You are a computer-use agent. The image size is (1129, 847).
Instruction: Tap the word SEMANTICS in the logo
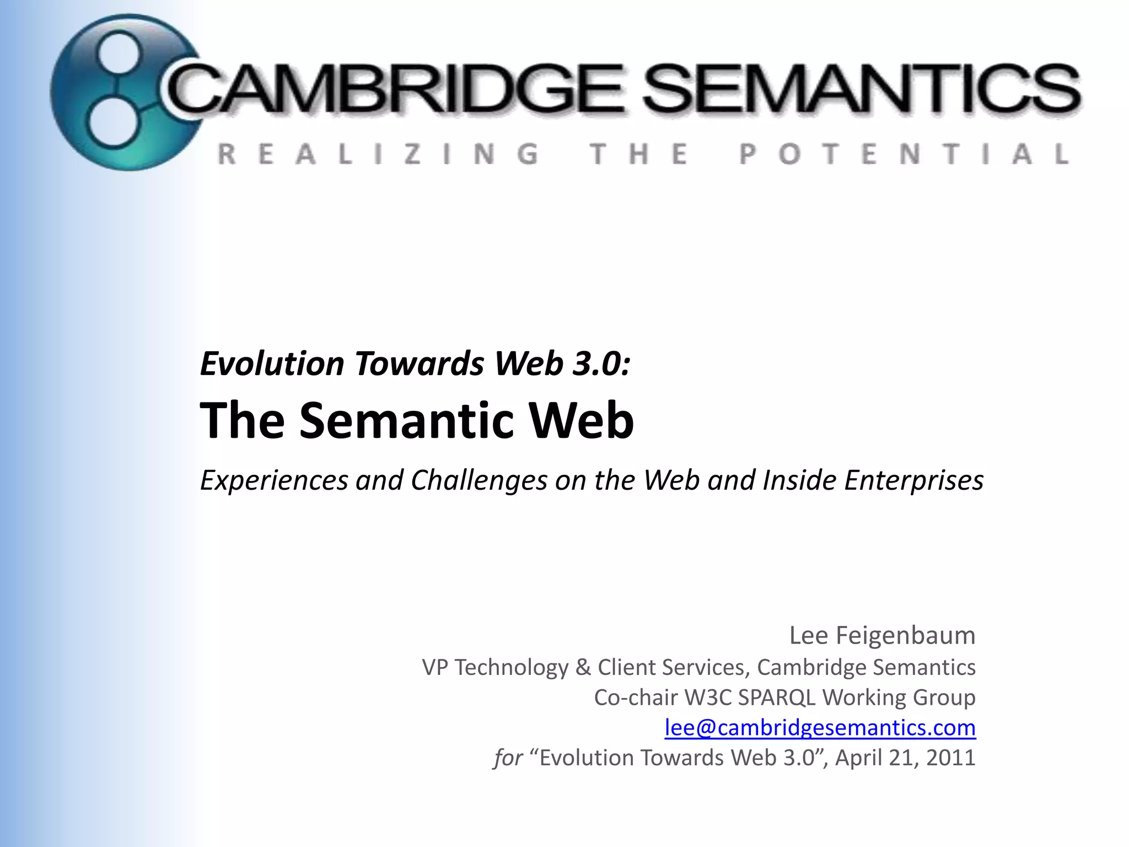coord(860,88)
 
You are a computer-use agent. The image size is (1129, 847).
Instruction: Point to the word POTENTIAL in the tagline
coord(904,154)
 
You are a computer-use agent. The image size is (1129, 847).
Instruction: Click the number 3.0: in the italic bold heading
coord(601,364)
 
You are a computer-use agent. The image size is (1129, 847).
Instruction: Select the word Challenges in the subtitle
coord(479,480)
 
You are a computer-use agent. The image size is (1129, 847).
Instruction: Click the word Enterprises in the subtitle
coord(914,480)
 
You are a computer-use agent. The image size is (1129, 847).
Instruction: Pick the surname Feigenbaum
coord(906,635)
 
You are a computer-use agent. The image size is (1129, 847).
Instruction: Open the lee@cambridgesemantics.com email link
coord(820,728)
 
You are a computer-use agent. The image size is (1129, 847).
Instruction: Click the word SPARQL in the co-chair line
coord(777,698)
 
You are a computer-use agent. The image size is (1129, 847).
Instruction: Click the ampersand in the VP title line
coord(583,667)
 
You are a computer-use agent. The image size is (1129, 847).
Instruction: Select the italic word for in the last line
coord(508,758)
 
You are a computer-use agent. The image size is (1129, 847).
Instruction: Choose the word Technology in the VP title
coord(511,667)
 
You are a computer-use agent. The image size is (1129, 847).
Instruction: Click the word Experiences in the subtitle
coord(274,480)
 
